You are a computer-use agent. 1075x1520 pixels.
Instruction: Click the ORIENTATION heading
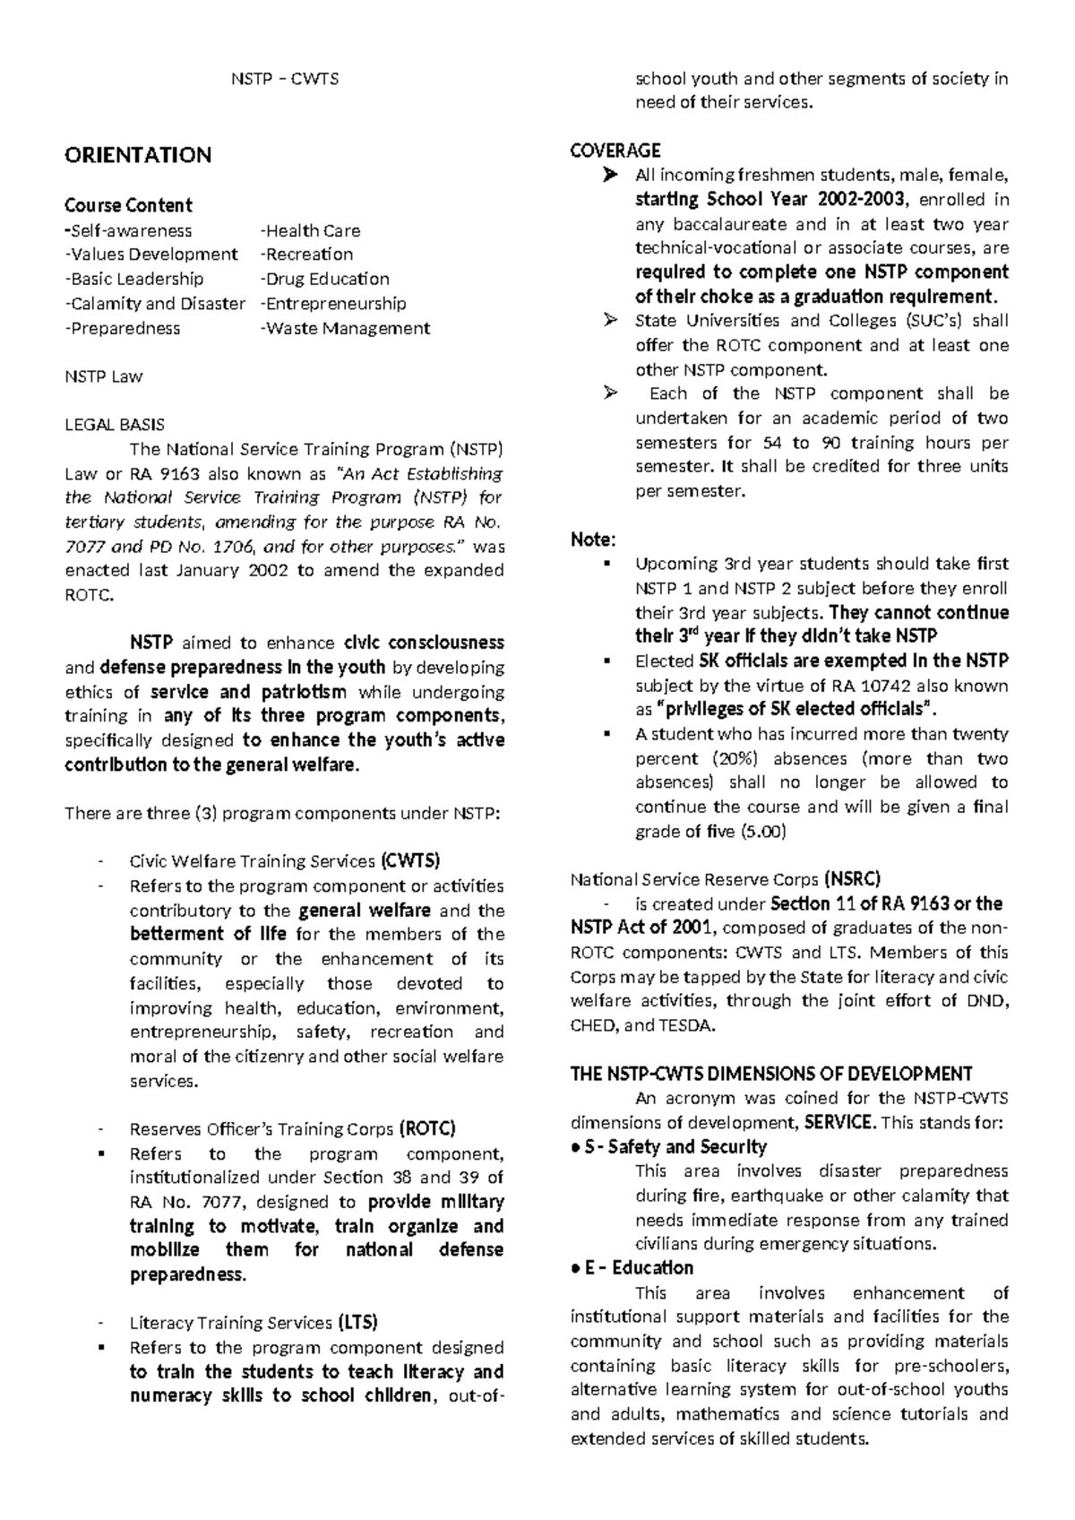click(x=138, y=155)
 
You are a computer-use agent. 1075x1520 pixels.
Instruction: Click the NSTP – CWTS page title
click(x=285, y=79)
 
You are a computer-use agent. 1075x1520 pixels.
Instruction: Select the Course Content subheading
click(x=128, y=204)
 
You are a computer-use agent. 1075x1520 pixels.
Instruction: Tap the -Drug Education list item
click(x=324, y=279)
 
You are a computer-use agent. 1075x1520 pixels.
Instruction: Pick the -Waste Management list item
click(x=345, y=328)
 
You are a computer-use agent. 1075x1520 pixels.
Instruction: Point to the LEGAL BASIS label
click(x=115, y=425)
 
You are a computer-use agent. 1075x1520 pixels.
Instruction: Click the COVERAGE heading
click(x=615, y=150)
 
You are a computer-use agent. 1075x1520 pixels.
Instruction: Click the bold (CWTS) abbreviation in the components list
click(x=410, y=861)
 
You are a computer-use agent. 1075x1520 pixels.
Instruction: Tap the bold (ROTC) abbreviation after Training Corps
click(x=427, y=1128)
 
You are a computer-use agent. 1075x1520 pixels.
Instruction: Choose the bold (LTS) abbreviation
click(x=357, y=1322)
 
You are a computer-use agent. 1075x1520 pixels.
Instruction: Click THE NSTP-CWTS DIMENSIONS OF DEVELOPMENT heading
click(x=771, y=1074)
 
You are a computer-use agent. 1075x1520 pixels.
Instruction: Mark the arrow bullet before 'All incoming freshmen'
click(x=610, y=175)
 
